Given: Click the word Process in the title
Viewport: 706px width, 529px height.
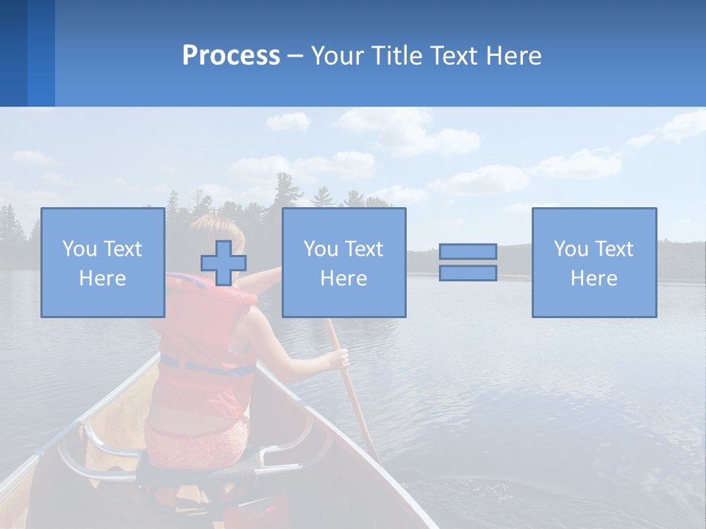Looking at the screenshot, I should pyautogui.click(x=231, y=56).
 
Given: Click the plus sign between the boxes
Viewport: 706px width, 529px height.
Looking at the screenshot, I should pyautogui.click(x=224, y=263).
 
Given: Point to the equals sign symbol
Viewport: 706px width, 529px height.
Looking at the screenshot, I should pyautogui.click(x=468, y=262).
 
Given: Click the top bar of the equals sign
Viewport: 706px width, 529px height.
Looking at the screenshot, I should pyautogui.click(x=468, y=252).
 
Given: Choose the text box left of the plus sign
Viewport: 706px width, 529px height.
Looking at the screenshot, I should pyautogui.click(x=103, y=262).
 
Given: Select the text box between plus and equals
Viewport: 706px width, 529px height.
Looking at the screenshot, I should pyautogui.click(x=343, y=262).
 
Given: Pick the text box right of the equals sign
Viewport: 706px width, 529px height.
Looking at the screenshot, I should pyautogui.click(x=593, y=262).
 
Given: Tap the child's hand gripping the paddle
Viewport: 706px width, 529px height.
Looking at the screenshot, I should pyautogui.click(x=339, y=359).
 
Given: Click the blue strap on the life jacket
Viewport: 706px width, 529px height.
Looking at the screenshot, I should pyautogui.click(x=206, y=365).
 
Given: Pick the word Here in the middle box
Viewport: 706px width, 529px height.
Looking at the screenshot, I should pyautogui.click(x=343, y=278).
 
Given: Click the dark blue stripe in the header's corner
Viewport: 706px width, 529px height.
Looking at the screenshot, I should pyautogui.click(x=13, y=53).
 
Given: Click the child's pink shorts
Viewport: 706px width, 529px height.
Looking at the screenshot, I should pyautogui.click(x=195, y=445).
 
